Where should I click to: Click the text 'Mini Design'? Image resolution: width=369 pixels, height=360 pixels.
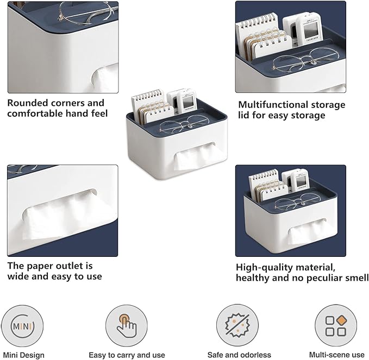26,355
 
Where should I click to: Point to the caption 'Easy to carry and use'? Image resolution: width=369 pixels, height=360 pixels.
127,355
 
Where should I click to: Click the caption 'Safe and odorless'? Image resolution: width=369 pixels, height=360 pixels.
239,355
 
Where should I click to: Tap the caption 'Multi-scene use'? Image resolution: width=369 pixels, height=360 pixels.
336,355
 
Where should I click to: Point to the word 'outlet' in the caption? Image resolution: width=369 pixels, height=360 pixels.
66,266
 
